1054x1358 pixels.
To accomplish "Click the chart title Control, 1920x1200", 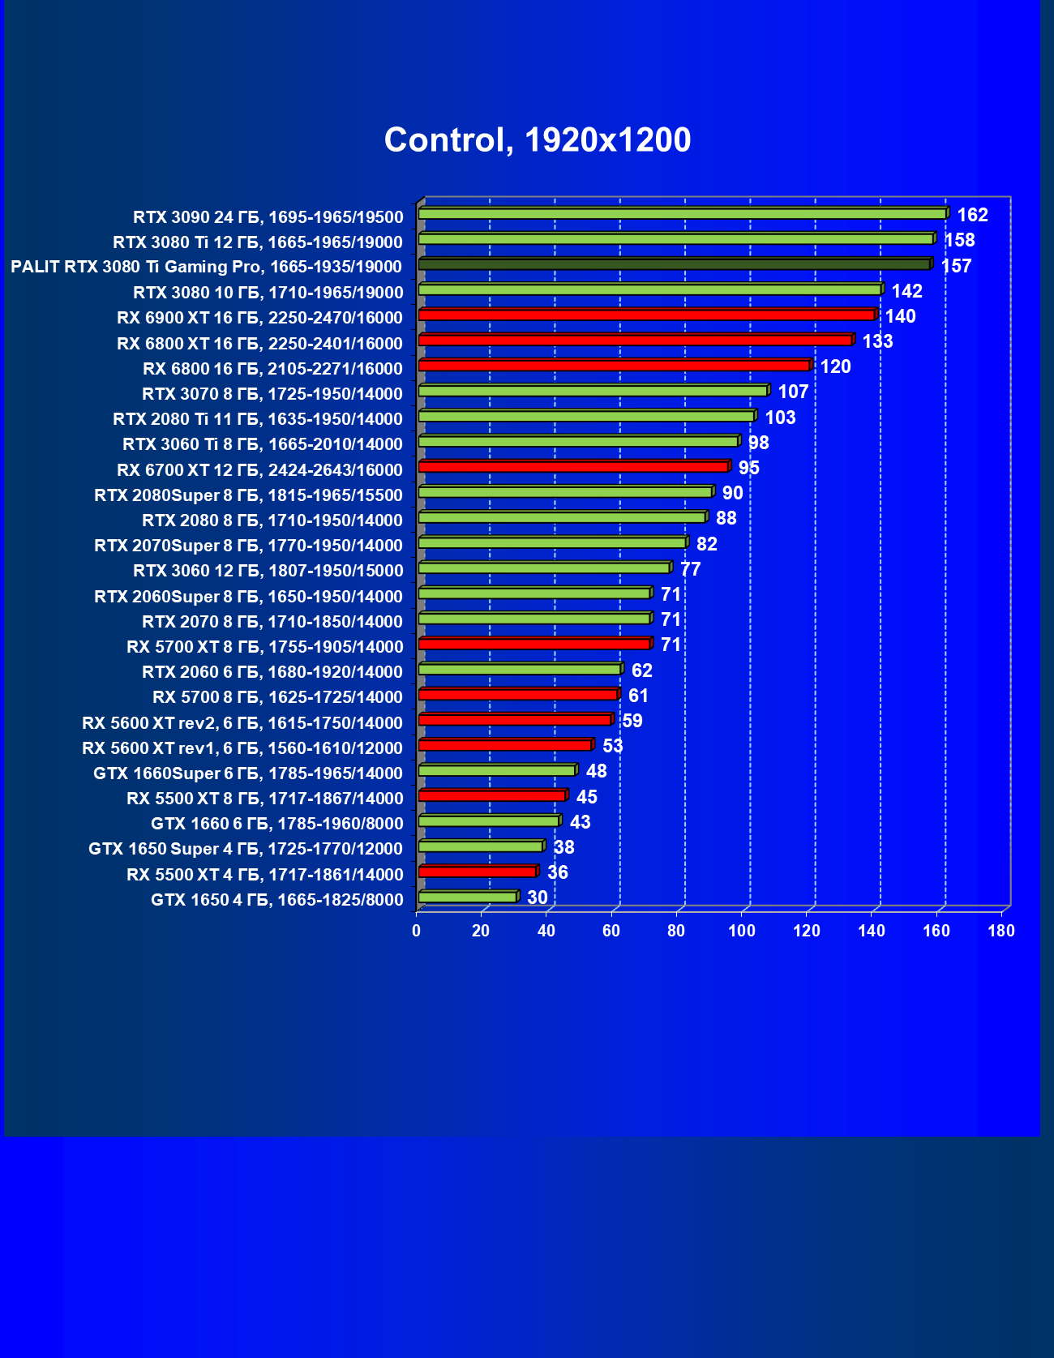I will [538, 140].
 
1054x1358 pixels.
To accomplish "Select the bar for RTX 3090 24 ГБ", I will [683, 213].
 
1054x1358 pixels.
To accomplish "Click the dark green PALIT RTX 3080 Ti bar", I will [675, 264].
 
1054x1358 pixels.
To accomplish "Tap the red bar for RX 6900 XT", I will [647, 315].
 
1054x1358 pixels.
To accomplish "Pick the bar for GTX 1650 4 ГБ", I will [468, 897].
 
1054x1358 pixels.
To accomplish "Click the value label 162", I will [972, 215].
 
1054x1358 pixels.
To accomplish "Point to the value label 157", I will [956, 266].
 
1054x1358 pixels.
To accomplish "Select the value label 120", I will [835, 366].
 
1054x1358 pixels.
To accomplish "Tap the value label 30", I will [537, 897].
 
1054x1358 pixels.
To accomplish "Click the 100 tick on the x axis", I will [741, 931].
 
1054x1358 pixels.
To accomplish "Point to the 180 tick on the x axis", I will [1001, 931].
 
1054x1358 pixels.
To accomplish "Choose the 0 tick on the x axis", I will [417, 931].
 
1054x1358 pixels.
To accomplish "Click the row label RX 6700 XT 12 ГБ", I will [259, 470].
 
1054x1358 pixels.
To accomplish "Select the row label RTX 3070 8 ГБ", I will [272, 394].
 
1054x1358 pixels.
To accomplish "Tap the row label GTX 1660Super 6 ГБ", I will [248, 773].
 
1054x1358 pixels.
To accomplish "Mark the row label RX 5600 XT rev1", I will [242, 748].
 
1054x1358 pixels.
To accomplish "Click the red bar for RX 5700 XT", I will [534, 644].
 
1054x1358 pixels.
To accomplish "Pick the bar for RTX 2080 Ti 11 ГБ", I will [587, 416].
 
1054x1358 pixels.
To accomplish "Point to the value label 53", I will [612, 746].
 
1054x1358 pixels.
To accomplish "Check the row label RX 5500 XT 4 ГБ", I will [264, 875].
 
